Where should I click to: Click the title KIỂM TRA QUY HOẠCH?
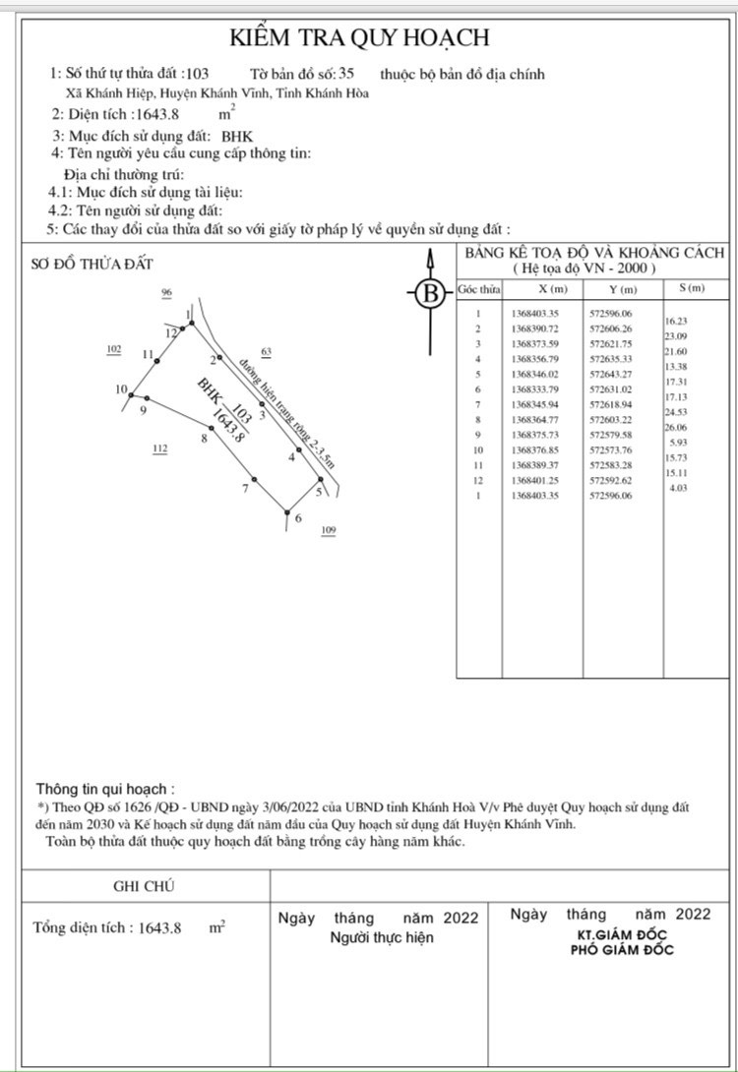pos(359,38)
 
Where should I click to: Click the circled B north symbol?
pos(429,293)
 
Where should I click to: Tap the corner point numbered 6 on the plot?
pos(286,511)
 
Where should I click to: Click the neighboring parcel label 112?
pos(159,449)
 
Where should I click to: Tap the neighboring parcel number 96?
pos(166,293)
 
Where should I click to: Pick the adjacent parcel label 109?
pos(329,531)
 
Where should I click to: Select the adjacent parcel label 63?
pos(266,351)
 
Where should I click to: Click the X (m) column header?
pos(553,289)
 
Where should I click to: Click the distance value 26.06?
pos(677,428)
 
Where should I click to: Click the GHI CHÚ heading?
pos(144,886)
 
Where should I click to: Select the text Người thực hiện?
pos(381,937)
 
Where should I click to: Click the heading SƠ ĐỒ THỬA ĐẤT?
pos(92,264)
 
